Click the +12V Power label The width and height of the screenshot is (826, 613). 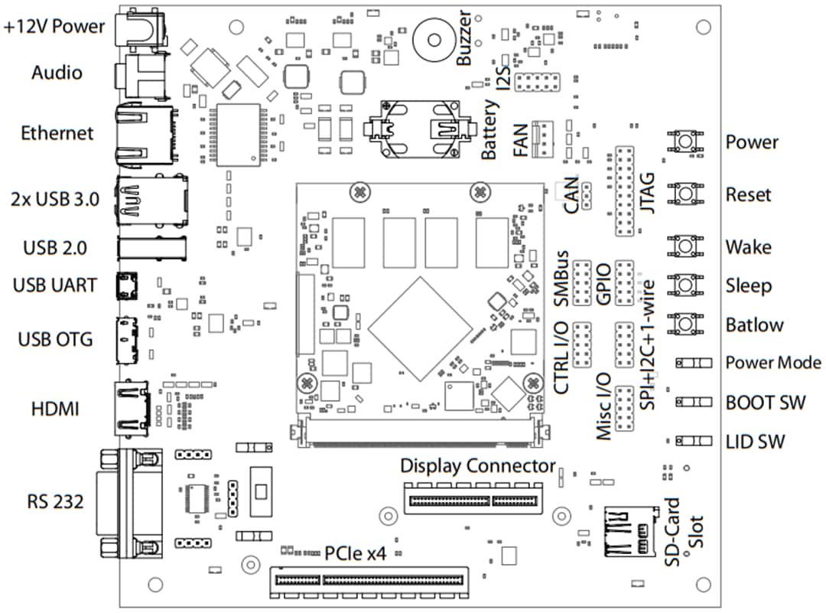click(x=54, y=26)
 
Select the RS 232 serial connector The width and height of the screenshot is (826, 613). click(x=128, y=503)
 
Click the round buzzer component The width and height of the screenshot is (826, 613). click(x=433, y=40)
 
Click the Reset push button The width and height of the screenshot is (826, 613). click(x=685, y=194)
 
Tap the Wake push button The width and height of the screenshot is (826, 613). click(x=685, y=246)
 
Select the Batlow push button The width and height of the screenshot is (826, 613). click(x=685, y=324)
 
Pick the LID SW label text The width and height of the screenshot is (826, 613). click(x=756, y=442)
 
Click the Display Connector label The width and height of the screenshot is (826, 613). click(x=478, y=466)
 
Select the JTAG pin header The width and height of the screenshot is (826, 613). click(x=625, y=191)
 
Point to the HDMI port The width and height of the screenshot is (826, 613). click(x=129, y=408)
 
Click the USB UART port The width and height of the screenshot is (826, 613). click(x=126, y=285)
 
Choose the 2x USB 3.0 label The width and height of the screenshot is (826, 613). click(x=55, y=201)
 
